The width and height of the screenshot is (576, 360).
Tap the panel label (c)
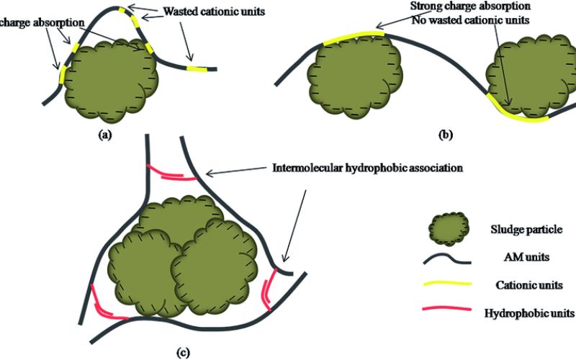[182, 352]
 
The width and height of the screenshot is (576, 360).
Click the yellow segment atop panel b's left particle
[348, 38]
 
